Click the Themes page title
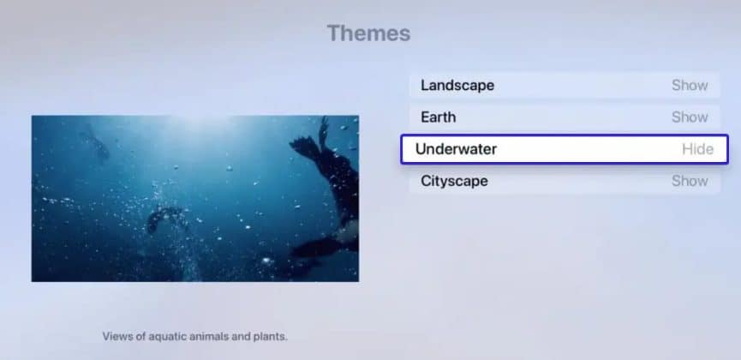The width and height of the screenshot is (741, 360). (x=368, y=34)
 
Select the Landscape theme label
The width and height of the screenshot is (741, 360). (x=457, y=86)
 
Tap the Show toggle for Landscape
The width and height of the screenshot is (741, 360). (x=690, y=86)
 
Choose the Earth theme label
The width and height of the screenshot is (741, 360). (x=438, y=117)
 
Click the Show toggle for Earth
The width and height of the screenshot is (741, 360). (x=690, y=117)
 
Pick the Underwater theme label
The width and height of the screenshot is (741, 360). (x=456, y=149)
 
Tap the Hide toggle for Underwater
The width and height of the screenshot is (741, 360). (x=697, y=149)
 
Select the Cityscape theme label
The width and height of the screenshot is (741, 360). (x=454, y=181)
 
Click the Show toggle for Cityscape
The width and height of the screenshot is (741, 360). (x=690, y=181)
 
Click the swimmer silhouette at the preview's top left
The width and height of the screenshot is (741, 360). (x=94, y=141)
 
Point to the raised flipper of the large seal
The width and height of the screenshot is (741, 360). (x=323, y=133)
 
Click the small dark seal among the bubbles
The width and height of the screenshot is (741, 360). (x=164, y=218)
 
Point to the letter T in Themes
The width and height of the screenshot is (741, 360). (x=333, y=34)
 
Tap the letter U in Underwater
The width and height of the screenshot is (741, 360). (x=421, y=149)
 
